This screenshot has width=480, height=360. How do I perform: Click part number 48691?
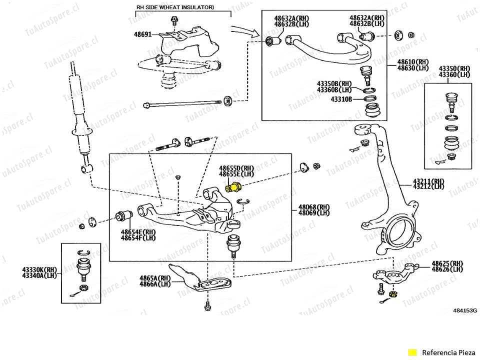click(x=143, y=35)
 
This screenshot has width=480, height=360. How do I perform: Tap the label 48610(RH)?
click(x=413, y=62)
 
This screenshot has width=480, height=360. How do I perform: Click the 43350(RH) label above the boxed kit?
click(x=454, y=68)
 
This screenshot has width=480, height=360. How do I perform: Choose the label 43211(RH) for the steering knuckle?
click(x=428, y=181)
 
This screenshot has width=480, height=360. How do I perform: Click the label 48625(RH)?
click(x=447, y=263)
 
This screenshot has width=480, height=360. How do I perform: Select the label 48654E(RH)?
click(x=138, y=232)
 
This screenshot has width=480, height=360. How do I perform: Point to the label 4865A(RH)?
click(x=154, y=278)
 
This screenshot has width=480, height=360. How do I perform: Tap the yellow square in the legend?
click(x=412, y=352)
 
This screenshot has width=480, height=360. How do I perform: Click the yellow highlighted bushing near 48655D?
click(x=233, y=188)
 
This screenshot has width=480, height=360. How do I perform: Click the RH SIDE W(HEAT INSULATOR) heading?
click(x=175, y=7)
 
